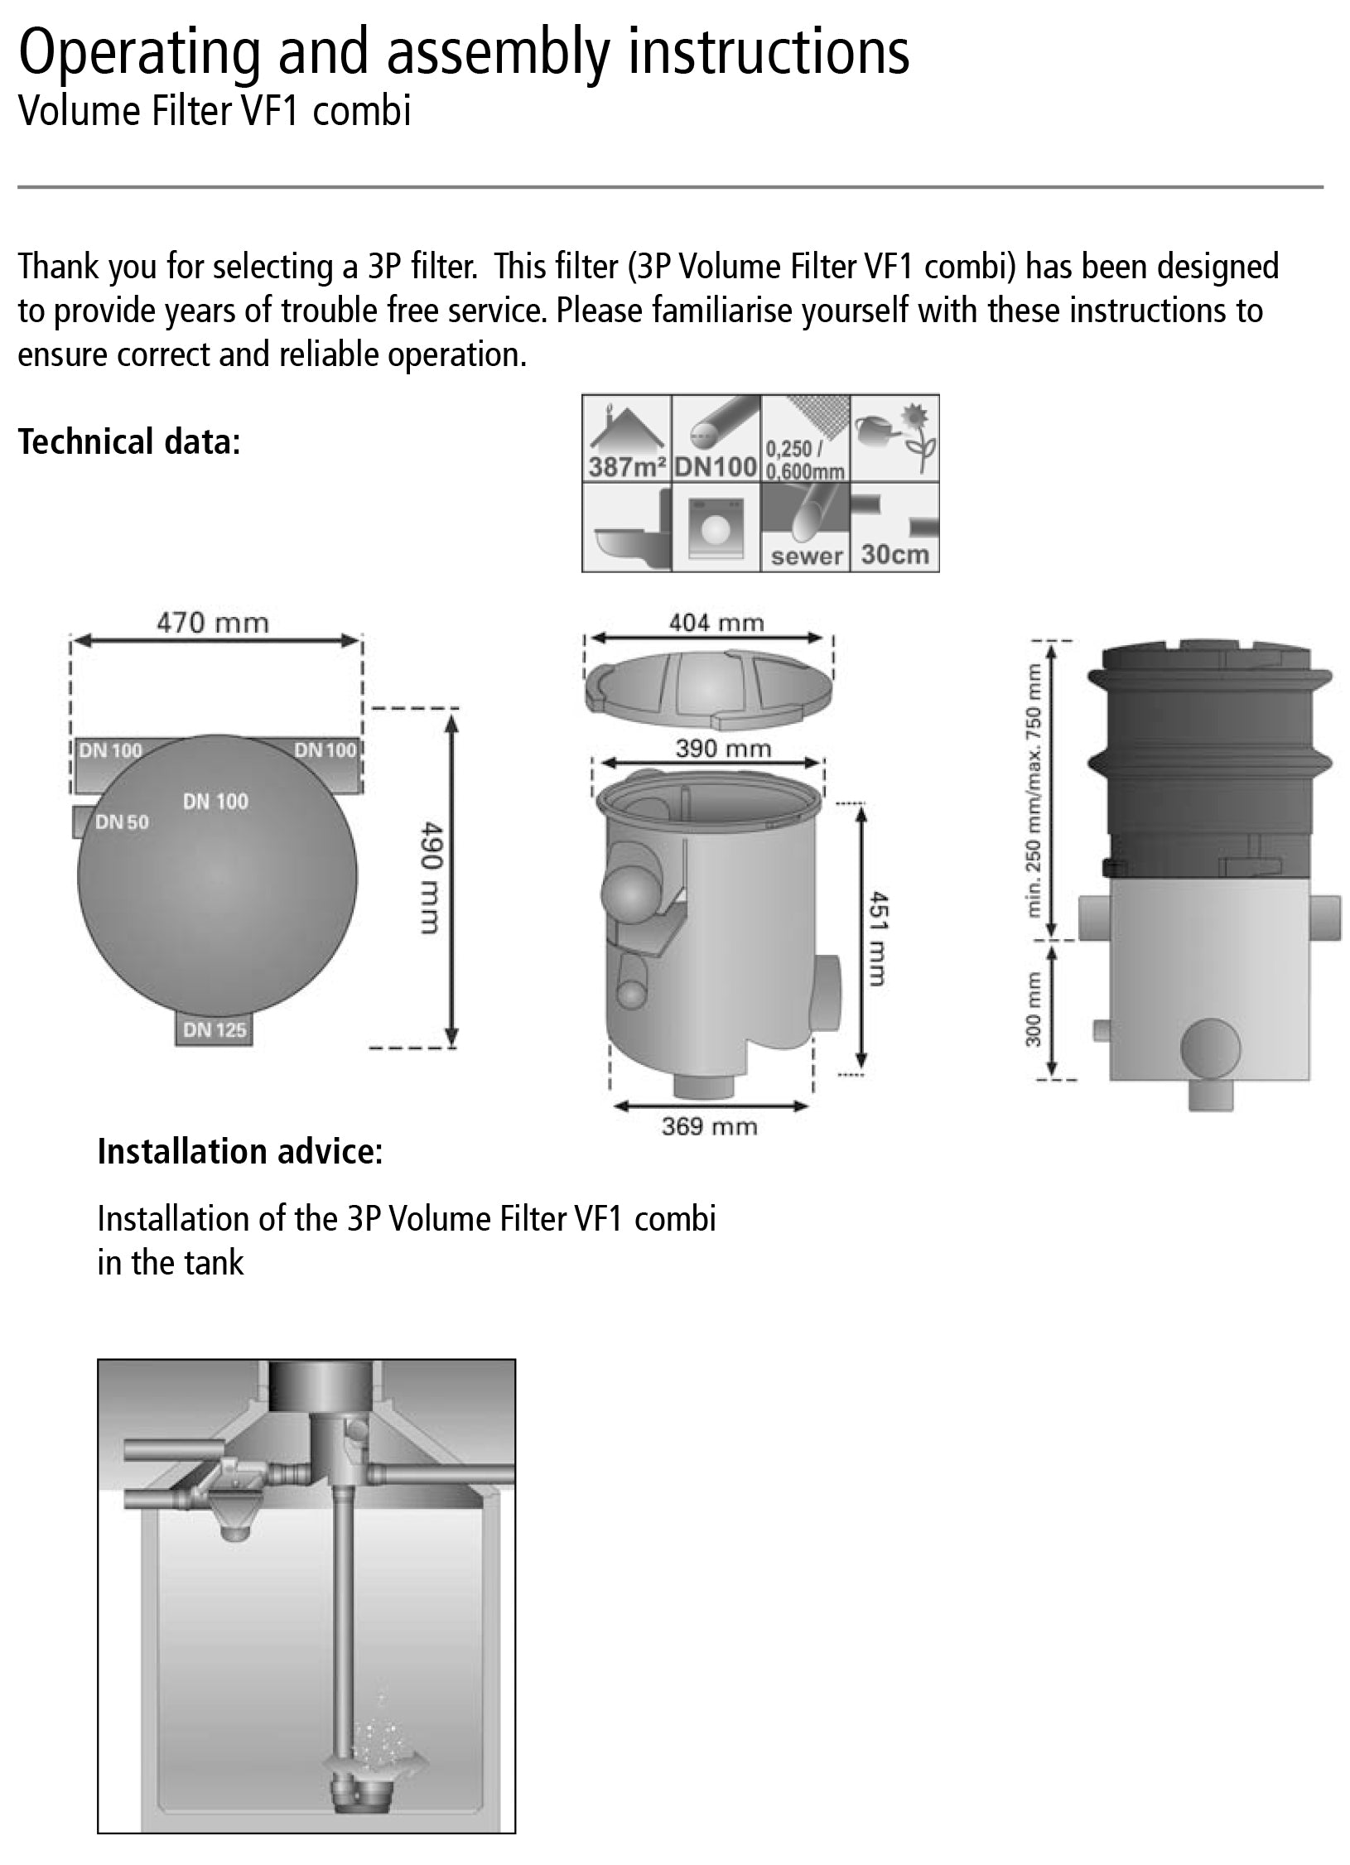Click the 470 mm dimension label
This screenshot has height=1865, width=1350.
click(213, 623)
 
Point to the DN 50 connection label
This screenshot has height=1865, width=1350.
click(122, 822)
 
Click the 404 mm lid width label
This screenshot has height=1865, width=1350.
click(716, 623)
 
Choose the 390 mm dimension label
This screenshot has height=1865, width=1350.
click(723, 749)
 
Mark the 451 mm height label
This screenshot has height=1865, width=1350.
click(879, 938)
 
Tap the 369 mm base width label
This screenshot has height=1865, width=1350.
click(709, 1126)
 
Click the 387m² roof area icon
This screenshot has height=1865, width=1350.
click(627, 438)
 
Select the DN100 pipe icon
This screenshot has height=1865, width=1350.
click(716, 438)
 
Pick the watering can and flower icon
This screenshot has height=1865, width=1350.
click(895, 438)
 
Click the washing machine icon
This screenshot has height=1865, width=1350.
click(716, 528)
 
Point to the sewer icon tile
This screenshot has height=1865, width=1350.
click(805, 528)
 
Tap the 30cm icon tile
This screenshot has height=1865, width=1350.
click(895, 528)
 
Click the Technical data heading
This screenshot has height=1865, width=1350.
click(128, 441)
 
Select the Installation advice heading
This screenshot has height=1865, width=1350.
click(240, 1151)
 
